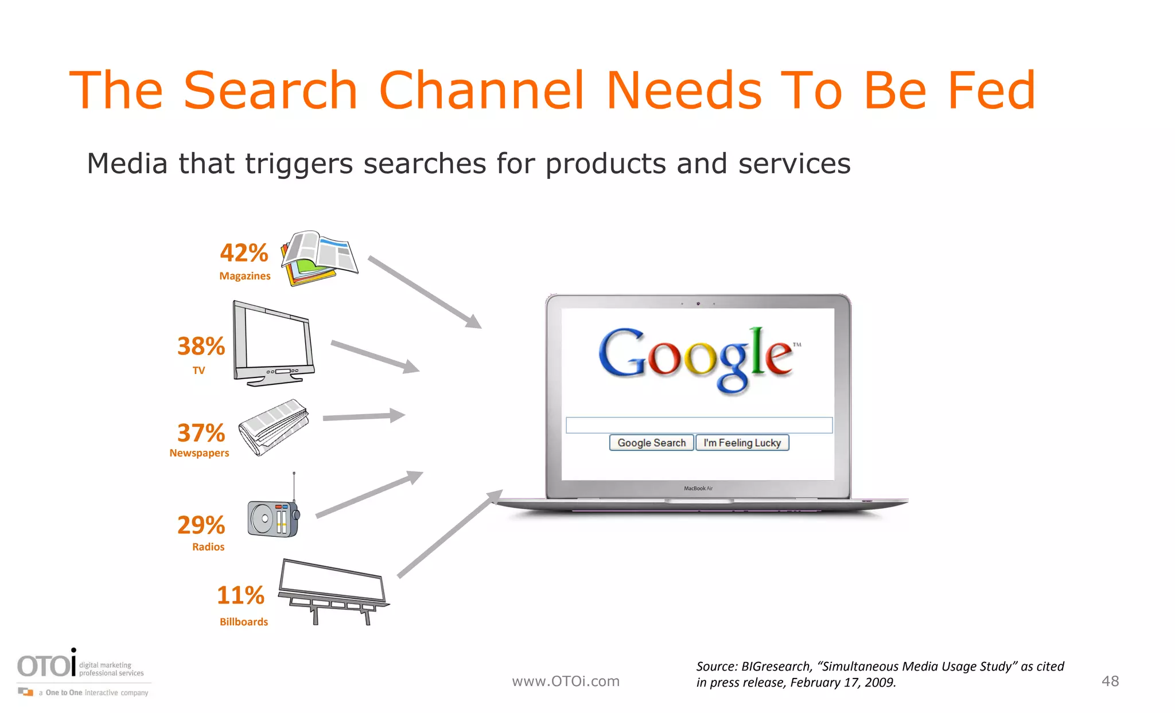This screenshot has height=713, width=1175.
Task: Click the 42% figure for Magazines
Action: tap(244, 253)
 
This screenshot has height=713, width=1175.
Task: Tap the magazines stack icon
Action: tap(318, 258)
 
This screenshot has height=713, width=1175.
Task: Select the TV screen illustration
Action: tap(274, 344)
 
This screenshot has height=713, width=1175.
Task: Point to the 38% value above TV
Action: tap(201, 346)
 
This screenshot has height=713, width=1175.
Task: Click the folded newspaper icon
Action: tap(274, 427)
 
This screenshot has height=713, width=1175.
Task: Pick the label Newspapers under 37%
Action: tap(199, 453)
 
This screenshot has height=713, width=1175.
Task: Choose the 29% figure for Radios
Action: tap(201, 525)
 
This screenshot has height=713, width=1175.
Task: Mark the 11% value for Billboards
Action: tap(240, 595)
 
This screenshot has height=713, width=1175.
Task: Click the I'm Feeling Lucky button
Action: tap(742, 443)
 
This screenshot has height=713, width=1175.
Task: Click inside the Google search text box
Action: tap(698, 425)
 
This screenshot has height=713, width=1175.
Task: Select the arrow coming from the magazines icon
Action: tap(425, 292)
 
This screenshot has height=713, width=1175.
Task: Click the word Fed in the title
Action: tap(991, 90)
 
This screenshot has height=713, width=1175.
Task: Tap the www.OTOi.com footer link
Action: tap(566, 681)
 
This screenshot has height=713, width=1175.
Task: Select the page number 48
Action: tap(1110, 681)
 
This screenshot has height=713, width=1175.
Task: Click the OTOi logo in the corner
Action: tap(48, 665)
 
